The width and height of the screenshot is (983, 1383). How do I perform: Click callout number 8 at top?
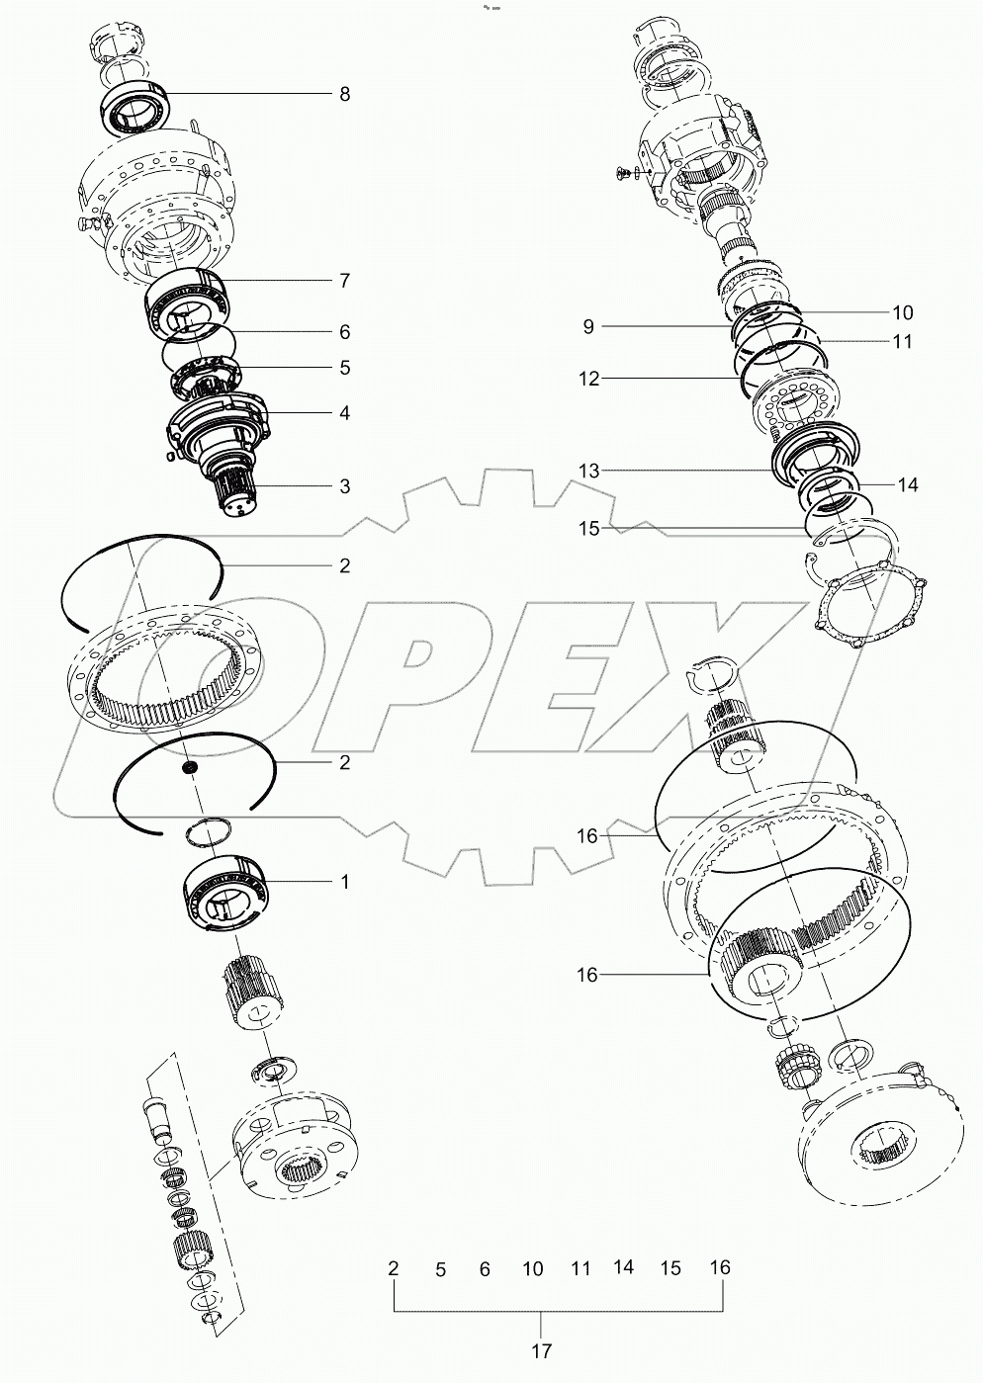pyautogui.click(x=344, y=95)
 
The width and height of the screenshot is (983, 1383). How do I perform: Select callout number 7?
pyautogui.click(x=344, y=281)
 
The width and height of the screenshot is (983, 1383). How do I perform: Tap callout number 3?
pyautogui.click(x=344, y=486)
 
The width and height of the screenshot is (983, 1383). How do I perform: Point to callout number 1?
pyautogui.click(x=344, y=882)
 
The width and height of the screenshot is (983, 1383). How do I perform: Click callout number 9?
pyautogui.click(x=588, y=327)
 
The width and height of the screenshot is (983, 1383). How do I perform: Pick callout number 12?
pyautogui.click(x=588, y=379)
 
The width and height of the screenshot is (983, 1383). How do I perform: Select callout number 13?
pyautogui.click(x=588, y=472)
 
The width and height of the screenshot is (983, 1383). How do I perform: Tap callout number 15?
pyautogui.click(x=588, y=529)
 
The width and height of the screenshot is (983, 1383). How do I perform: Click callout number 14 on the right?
pyautogui.click(x=908, y=485)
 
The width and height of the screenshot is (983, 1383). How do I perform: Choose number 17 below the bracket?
pyautogui.click(x=541, y=1350)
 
